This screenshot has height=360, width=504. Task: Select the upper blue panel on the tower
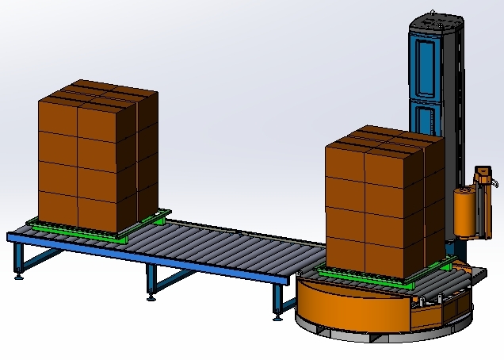[x=426, y=63]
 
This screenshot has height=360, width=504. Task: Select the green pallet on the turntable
[x=380, y=278]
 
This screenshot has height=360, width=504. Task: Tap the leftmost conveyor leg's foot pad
[x=19, y=278]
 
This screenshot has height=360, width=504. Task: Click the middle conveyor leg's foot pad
[x=150, y=300]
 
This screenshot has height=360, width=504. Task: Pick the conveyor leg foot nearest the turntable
[x=277, y=318]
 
